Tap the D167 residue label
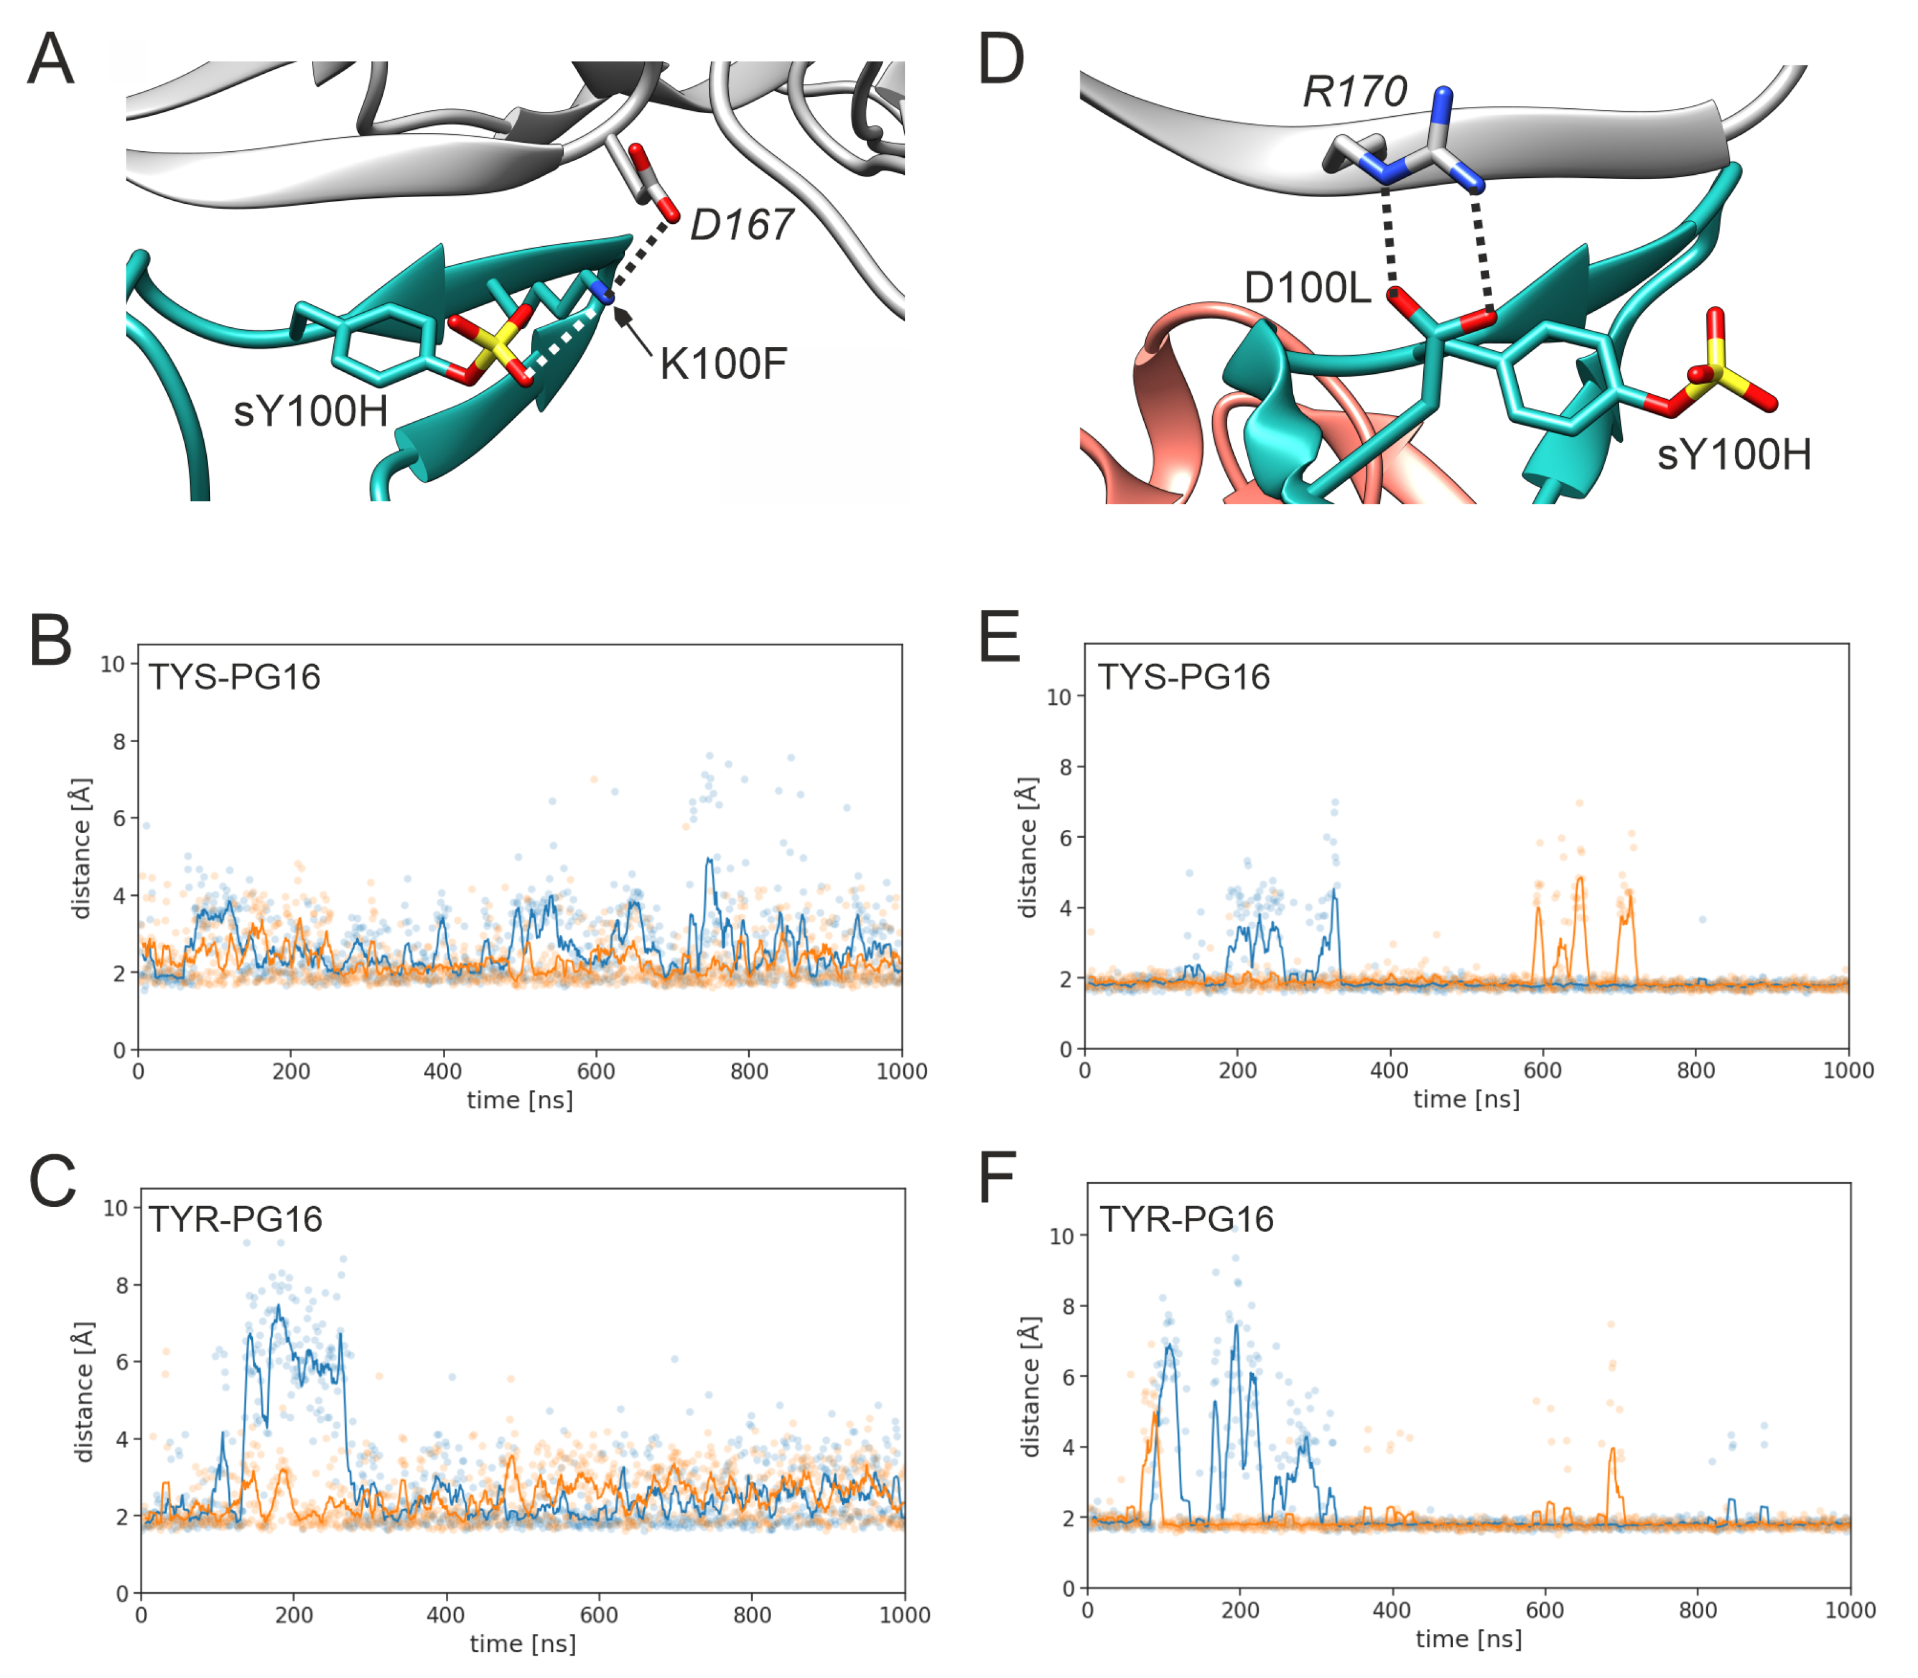tap(742, 225)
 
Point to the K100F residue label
tap(723, 364)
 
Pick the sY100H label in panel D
tap(1734, 455)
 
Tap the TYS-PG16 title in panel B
tap(235, 676)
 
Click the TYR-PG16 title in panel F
tap(1186, 1219)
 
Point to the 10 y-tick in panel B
tap(113, 664)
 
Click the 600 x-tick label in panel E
tap(1542, 1070)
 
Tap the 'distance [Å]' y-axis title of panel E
tap(1028, 847)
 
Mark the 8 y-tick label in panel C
tap(122, 1285)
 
